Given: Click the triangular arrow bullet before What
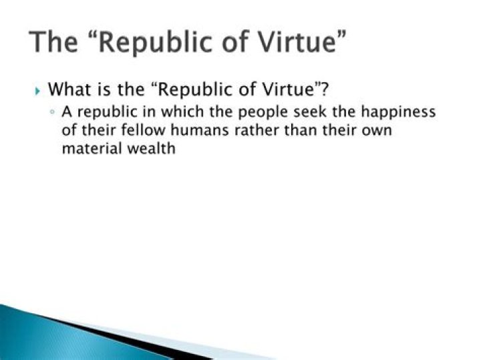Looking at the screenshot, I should click(x=37, y=89).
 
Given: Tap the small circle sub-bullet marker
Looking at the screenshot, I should click(x=52, y=112).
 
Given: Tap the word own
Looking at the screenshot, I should click(x=375, y=130).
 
